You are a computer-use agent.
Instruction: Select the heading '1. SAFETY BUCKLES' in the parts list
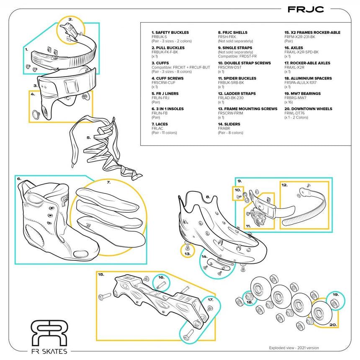170,32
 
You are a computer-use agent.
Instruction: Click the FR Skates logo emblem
49,333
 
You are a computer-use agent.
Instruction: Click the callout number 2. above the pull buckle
71,19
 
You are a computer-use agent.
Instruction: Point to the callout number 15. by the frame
101,275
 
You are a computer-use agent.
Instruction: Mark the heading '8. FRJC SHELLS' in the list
232,32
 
